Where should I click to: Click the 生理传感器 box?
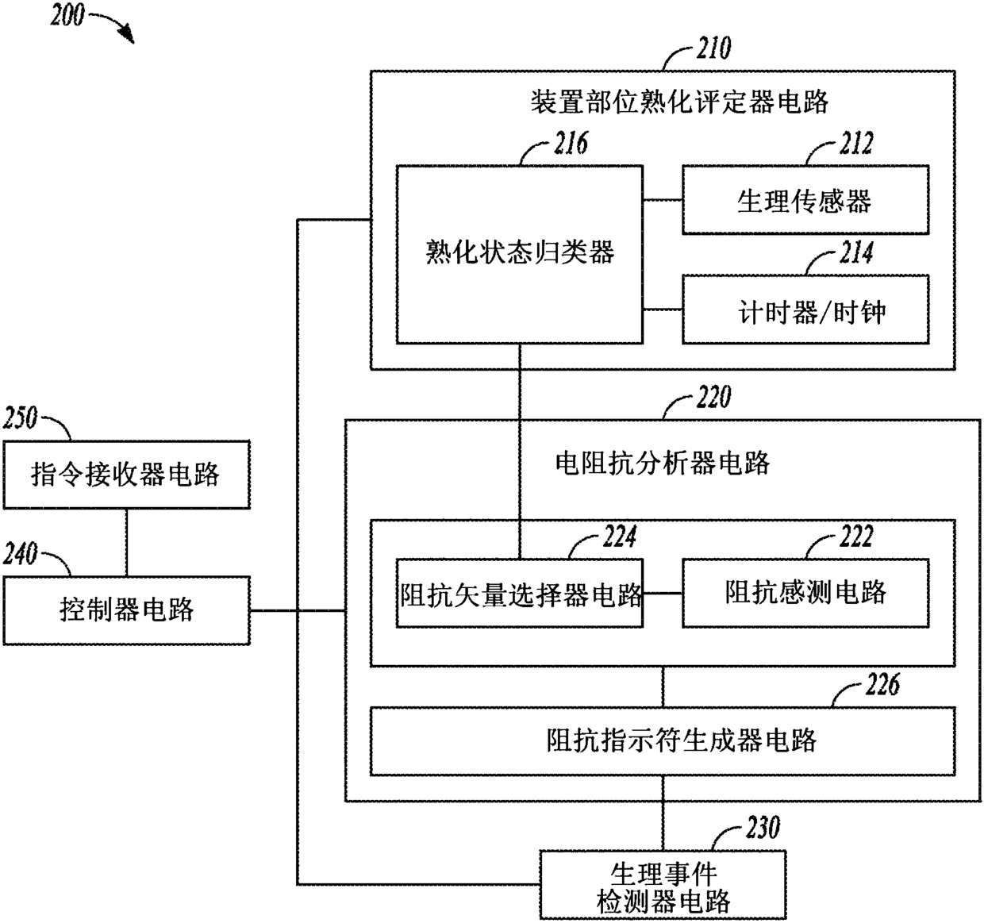[805, 200]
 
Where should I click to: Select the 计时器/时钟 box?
[805, 310]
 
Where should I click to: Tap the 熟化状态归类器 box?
[520, 254]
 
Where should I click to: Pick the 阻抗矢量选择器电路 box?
[520, 594]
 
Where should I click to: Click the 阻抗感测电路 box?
[805, 594]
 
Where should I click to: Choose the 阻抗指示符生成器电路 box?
[663, 741]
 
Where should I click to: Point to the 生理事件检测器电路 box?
[663, 886]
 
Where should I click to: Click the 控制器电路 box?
[126, 610]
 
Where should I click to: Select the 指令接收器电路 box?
[126, 475]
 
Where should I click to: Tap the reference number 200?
[67, 15]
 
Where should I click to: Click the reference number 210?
[713, 49]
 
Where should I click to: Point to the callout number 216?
[570, 144]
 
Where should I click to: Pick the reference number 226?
[882, 685]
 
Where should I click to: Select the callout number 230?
[763, 829]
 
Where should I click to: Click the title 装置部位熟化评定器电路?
[679, 102]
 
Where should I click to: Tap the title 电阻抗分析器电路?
[663, 463]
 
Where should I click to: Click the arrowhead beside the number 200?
[127, 36]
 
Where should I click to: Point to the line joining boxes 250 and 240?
[126, 543]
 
